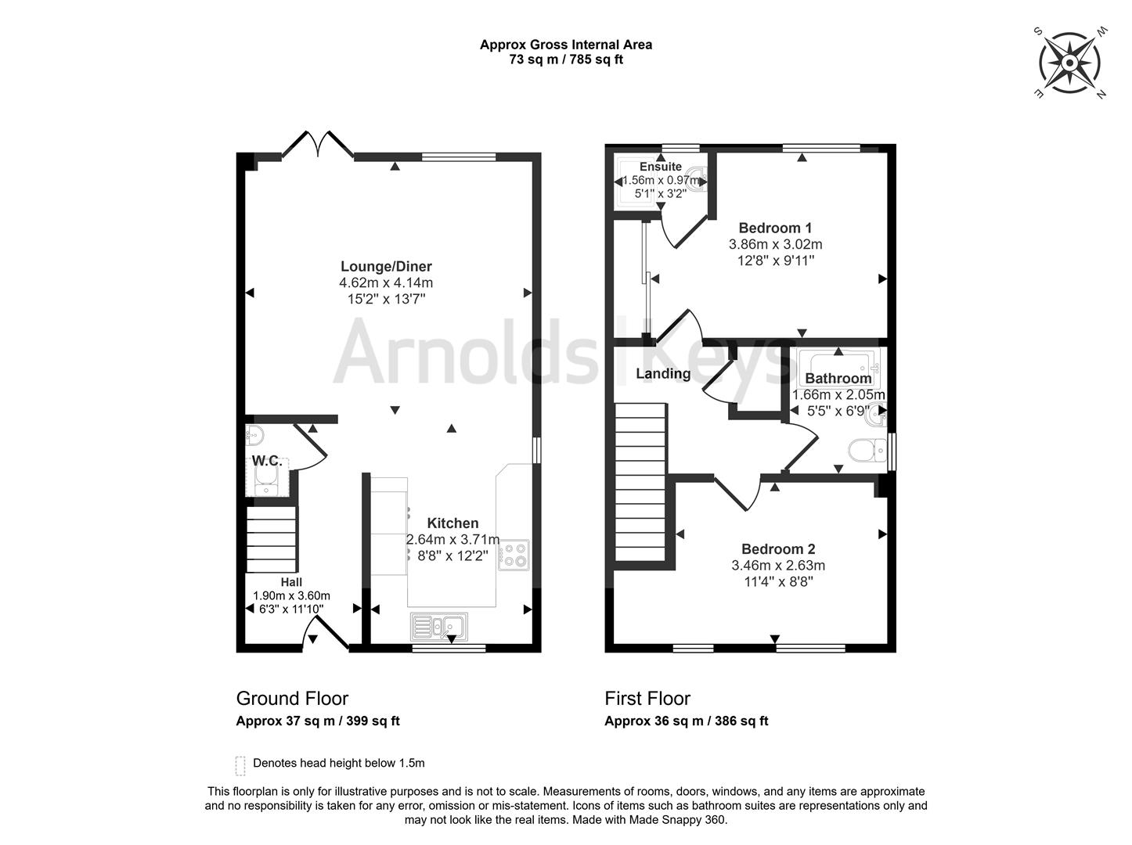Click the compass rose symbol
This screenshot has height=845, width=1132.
tap(1069, 63)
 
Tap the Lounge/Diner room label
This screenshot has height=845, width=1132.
tap(386, 266)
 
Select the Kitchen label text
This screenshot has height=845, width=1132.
tap(452, 523)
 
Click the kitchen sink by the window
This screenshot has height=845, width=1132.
tap(439, 626)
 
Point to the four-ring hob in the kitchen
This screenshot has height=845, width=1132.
tap(514, 555)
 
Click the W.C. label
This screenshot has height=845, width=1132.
tap(267, 461)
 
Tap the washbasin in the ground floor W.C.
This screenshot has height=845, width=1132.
tap(254, 435)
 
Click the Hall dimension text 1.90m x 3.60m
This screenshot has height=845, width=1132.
tap(291, 595)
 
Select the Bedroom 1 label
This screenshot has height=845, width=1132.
tap(775, 228)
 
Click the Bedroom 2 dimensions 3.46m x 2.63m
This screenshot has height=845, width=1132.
tap(778, 565)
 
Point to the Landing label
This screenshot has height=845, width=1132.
tap(663, 373)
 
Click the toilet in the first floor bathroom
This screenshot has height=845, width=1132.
tap(867, 451)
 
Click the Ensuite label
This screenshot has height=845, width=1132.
tap(661, 167)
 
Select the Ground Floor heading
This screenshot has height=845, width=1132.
tap(293, 699)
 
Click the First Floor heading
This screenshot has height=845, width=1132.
tap(647, 699)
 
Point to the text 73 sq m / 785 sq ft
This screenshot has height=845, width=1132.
tap(566, 59)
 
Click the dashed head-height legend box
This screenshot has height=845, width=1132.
tap(240, 766)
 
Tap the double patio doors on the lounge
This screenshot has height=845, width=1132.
tap(318, 144)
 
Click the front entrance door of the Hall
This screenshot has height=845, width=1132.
tap(325, 632)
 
